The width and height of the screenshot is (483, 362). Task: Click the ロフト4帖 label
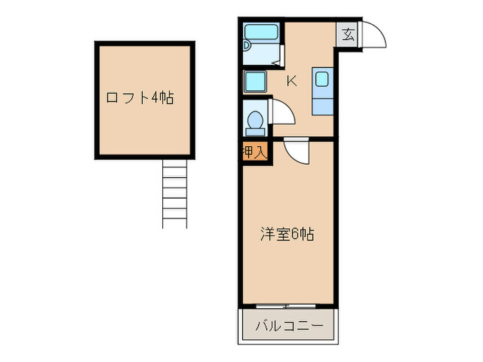139,98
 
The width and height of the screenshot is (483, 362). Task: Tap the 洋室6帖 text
287,234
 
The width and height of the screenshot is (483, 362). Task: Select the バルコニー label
287,325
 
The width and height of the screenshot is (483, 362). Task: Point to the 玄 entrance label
348,34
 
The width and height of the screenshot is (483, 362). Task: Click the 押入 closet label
254,152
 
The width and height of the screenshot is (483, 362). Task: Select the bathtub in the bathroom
262,32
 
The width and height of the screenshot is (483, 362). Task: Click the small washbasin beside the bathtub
248,46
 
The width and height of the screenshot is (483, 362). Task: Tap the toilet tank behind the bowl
255,130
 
